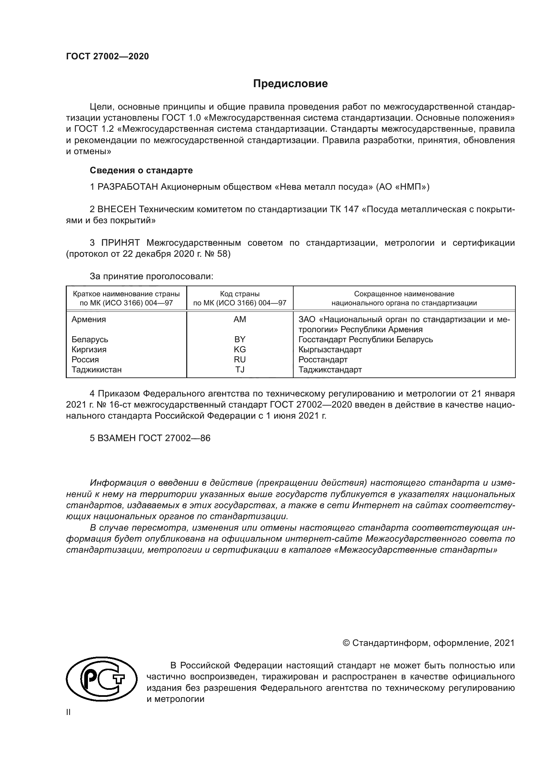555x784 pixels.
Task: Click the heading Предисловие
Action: point(290,84)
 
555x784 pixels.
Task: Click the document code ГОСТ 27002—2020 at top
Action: point(107,56)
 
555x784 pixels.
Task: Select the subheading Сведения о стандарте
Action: point(141,170)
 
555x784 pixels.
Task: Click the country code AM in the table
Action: point(240,319)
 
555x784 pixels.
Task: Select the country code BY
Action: point(240,339)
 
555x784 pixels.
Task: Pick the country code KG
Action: point(240,349)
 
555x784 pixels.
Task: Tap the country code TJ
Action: point(240,369)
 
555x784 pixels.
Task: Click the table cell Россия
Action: point(85,360)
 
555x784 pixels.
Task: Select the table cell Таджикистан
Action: point(96,369)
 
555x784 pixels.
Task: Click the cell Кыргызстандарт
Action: point(330,349)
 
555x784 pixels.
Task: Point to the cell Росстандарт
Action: point(322,360)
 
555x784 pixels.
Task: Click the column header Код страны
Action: point(240,294)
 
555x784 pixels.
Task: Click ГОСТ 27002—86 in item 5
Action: point(174,438)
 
